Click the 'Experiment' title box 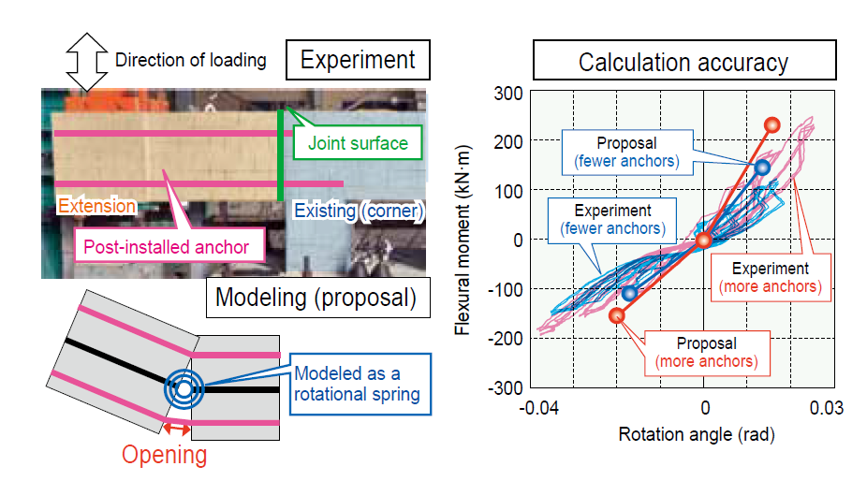(358, 61)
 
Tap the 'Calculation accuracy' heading (683, 63)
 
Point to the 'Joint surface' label (358, 143)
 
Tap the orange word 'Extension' (96, 205)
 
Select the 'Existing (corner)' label (359, 211)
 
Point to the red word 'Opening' (165, 455)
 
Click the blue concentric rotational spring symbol (184, 388)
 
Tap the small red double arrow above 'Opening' (174, 429)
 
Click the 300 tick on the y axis (507, 93)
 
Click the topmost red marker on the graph (771, 124)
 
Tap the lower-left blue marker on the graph (629, 293)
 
